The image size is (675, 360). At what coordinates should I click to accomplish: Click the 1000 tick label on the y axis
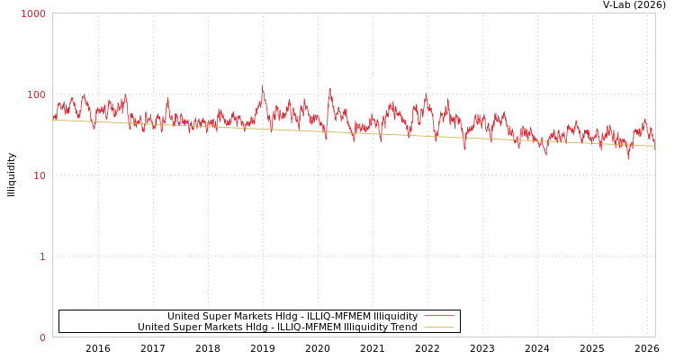[33, 13]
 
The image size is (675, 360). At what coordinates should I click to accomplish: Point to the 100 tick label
[35, 94]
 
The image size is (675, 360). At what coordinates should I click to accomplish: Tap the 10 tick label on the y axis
[39, 175]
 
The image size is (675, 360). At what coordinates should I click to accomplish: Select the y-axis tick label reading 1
[42, 256]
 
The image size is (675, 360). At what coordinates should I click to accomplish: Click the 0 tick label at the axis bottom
[42, 337]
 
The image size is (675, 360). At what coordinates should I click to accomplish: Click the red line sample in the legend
[438, 316]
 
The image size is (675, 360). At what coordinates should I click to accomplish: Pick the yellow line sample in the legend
[438, 328]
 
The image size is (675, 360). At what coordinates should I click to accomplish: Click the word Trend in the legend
[402, 328]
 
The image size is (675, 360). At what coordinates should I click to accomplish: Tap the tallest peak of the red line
[262, 87]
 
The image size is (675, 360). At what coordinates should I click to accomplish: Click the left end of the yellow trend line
[53, 120]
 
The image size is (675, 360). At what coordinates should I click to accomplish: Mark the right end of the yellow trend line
[654, 146]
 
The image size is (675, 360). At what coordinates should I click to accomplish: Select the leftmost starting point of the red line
[53, 117]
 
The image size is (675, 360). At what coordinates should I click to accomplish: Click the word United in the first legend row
[184, 316]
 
